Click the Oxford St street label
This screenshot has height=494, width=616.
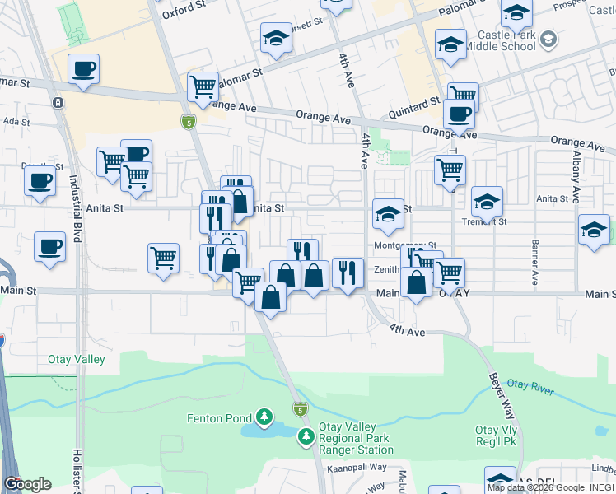(x=183, y=9)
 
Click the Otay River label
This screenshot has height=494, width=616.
(x=528, y=386)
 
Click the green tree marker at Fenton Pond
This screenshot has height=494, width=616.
(x=264, y=417)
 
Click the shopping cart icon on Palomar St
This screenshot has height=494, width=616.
(x=203, y=85)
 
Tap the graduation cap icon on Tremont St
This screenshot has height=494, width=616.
(x=487, y=201)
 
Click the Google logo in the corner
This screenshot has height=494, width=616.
(x=27, y=484)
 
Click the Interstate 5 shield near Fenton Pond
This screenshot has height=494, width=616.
(x=300, y=409)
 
